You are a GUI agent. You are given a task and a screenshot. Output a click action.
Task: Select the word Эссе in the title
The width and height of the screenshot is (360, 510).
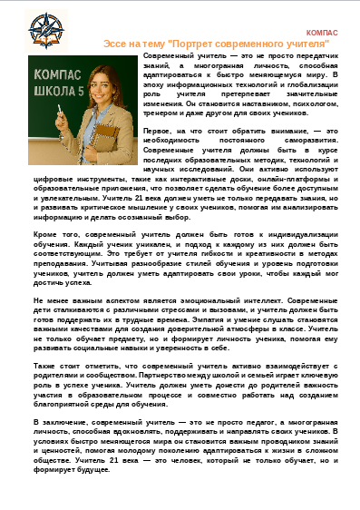point(115,42)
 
